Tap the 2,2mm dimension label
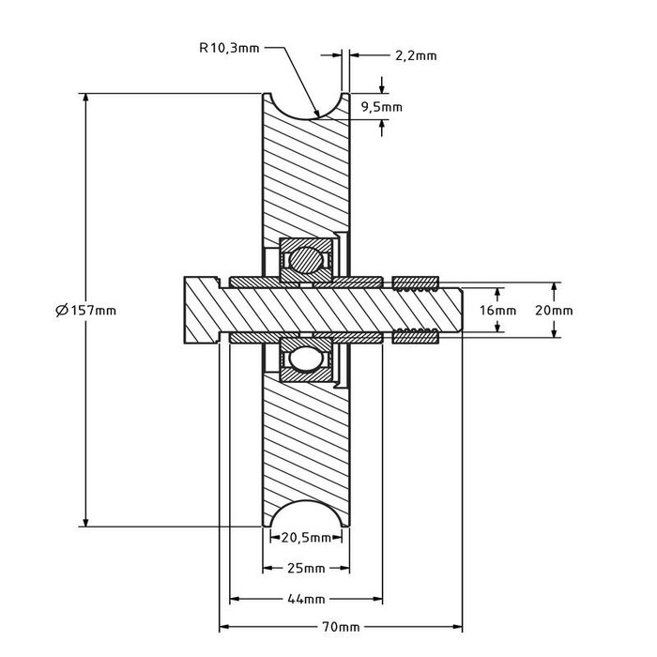coord(416,56)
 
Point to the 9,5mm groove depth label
coord(381,107)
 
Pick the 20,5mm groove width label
coord(306,538)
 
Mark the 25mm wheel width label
coord(306,569)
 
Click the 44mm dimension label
coord(306,599)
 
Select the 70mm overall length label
coord(341,627)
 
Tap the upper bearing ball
coord(306,258)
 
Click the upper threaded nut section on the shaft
coord(416,283)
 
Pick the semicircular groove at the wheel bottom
coord(306,515)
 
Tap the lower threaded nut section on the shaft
coord(416,336)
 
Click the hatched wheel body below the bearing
coord(306,441)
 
